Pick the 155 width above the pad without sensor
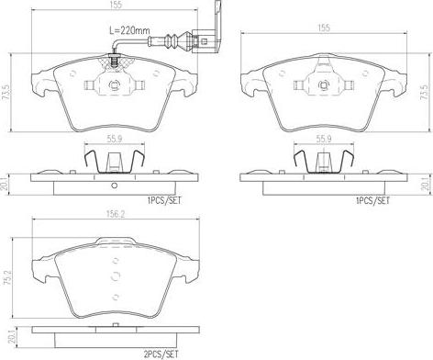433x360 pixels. coord(326,28)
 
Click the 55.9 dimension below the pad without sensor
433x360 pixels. coord(323,139)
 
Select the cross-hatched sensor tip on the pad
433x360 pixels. coord(114,62)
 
